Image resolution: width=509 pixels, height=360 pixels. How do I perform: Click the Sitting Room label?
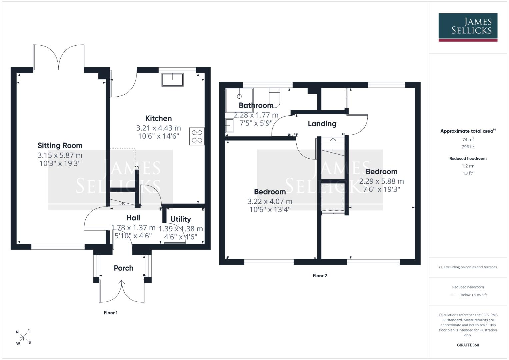pos(60,145)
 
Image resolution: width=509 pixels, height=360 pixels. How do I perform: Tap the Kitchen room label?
pos(158,118)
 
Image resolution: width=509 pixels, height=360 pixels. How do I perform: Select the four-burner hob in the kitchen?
pos(197,136)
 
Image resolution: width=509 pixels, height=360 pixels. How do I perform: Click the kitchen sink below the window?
pos(172,80)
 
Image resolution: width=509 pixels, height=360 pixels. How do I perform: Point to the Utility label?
pos(181,219)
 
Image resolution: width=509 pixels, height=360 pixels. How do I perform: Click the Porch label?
pos(124,268)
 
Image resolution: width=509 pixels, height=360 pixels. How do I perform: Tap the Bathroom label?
pos(256,105)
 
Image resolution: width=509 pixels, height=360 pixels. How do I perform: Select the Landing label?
pos(322,124)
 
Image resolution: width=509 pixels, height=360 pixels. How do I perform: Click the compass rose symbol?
pos(23,337)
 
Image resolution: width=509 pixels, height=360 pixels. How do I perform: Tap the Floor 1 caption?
pos(111,313)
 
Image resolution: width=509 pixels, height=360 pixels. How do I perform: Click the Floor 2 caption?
pos(320,276)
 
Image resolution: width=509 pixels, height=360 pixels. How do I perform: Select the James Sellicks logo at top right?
pos(468,27)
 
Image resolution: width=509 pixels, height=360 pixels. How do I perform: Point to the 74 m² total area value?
pos(468,139)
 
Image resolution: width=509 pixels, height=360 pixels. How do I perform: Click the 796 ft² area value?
pos(468,147)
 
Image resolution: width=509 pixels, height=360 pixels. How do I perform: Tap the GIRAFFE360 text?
pos(468,345)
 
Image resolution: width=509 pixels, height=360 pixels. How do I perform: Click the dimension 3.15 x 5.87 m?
pos(60,155)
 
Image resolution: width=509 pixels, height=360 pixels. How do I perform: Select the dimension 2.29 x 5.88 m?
pos(382,181)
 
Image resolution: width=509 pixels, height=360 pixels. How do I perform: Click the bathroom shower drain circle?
pos(239,96)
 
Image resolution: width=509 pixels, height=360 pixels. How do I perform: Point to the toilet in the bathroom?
pos(274,98)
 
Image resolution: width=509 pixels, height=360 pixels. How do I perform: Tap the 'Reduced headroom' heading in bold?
pos(468,158)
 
